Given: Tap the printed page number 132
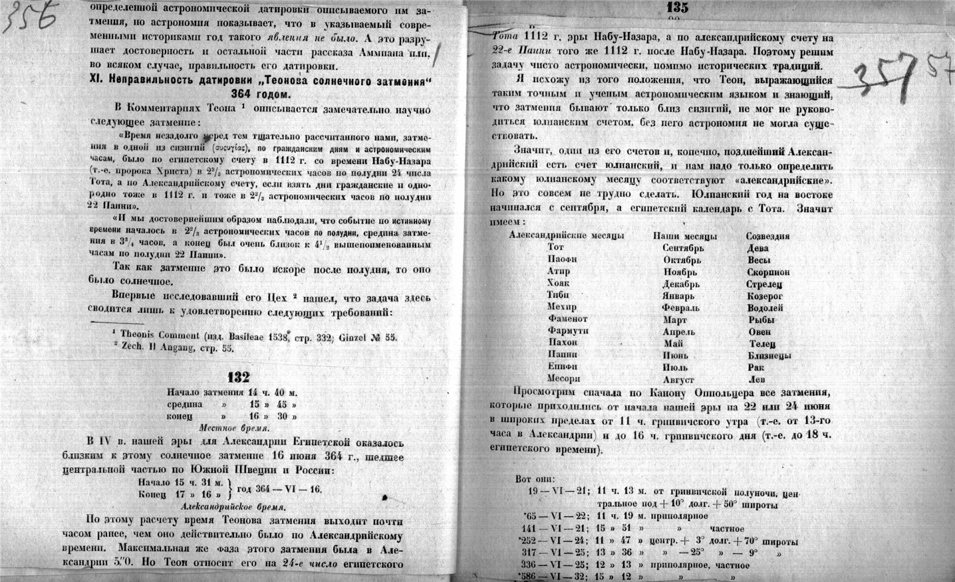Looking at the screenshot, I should [238, 377].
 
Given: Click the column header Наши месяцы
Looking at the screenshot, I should [684, 236].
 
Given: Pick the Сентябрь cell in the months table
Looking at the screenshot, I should [684, 248].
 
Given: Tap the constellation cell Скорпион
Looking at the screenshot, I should [768, 272].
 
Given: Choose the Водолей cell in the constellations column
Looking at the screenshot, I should [765, 308].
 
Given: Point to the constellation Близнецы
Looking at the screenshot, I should [769, 355].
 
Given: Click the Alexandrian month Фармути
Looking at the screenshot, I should [566, 331].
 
